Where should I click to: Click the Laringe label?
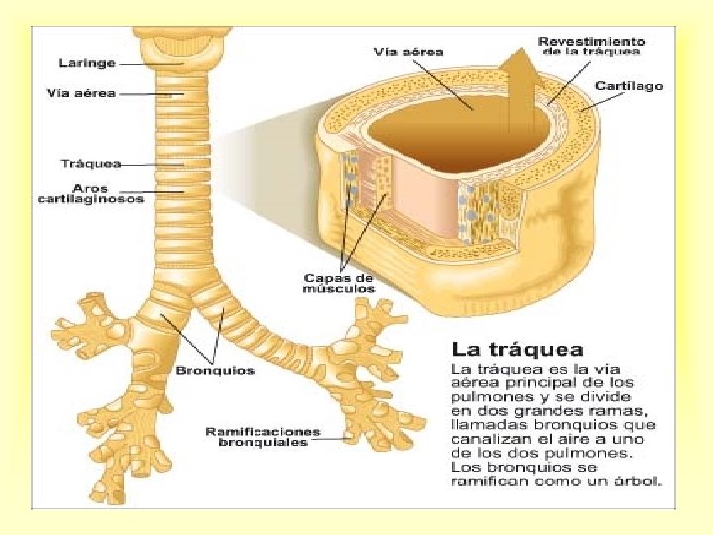pos(87,63)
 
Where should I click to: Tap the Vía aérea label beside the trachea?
pos(81,94)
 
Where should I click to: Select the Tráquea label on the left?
pos(90,163)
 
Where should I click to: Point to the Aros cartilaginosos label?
pos(90,193)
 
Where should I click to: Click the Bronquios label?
pos(215,371)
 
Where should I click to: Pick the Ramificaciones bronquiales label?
pos(262,436)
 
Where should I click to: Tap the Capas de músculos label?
pos(339,283)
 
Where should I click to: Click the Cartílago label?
pos(629,86)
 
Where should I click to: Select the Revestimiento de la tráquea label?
pos(590,47)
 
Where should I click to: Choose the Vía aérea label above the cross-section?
pos(408,51)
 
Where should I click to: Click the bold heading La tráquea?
pos(517,349)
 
